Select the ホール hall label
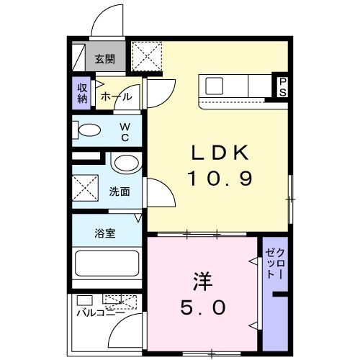point(115,96)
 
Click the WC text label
point(124,131)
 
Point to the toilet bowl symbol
point(89,131)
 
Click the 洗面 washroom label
point(120,192)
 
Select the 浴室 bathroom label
point(104,233)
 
